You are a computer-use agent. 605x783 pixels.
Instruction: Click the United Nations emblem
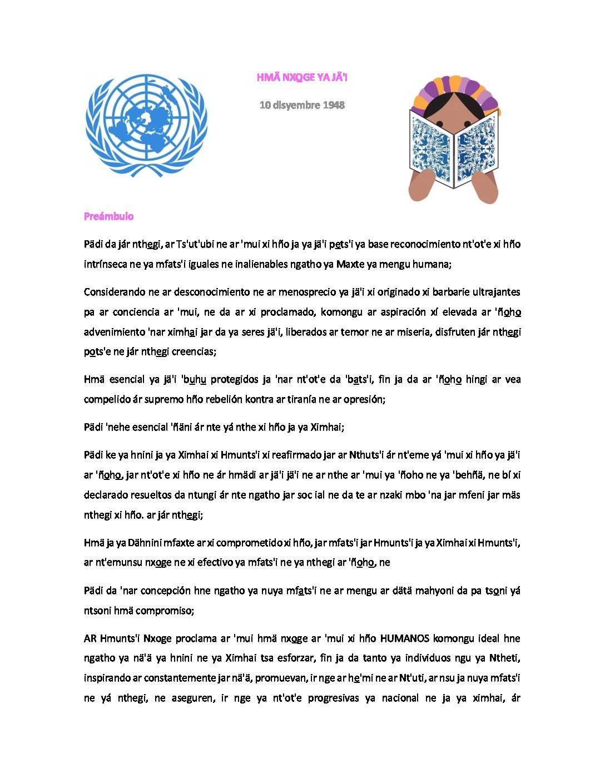coord(146,126)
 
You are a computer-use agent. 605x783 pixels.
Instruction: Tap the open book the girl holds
coord(453,148)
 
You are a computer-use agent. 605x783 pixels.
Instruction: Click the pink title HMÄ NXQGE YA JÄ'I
coord(302,77)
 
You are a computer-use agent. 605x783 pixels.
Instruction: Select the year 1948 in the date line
coord(333,105)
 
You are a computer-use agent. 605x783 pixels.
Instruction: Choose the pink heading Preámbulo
coord(108,216)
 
